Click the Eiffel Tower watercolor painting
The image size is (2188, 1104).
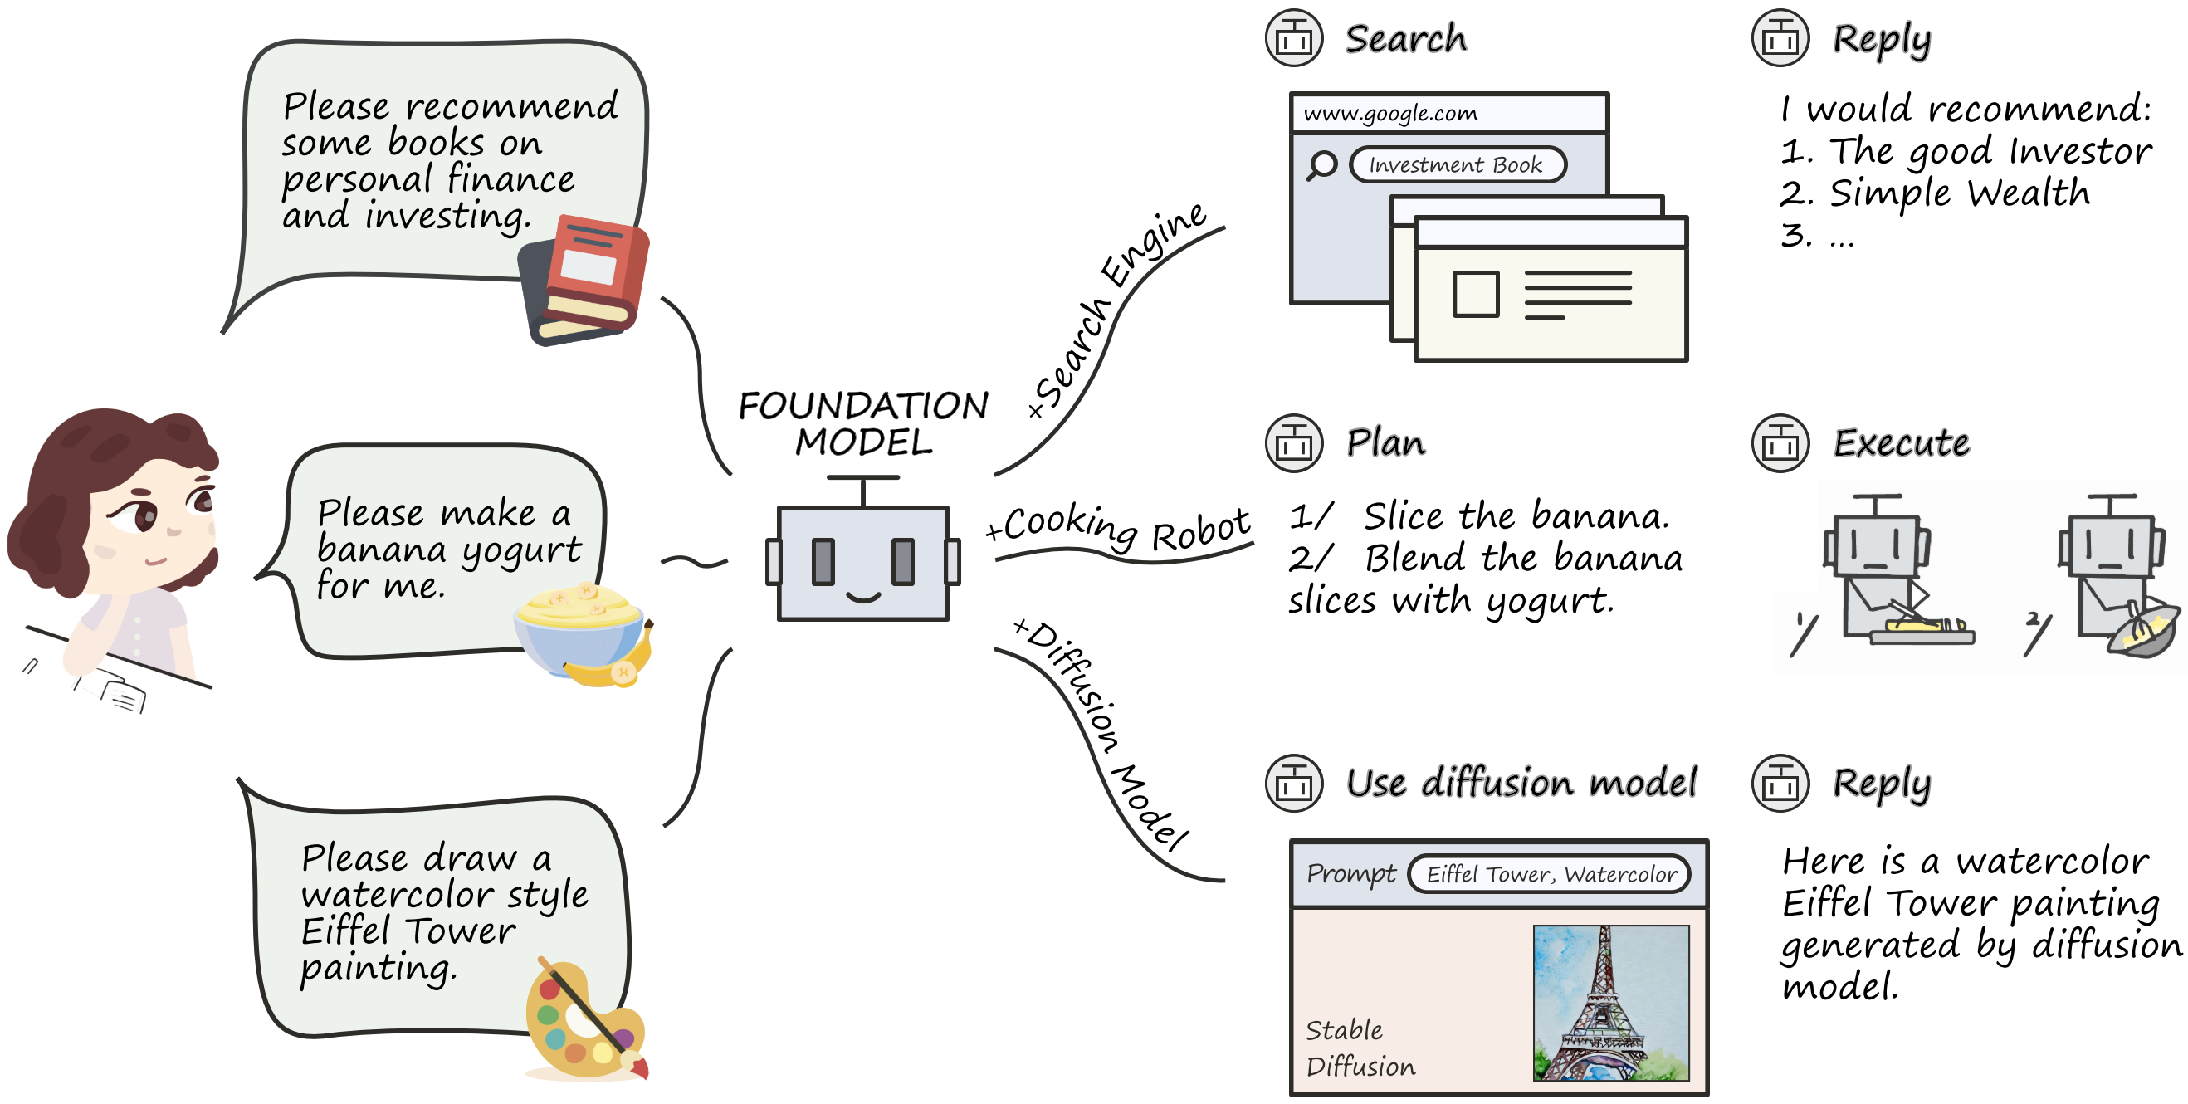(1610, 1003)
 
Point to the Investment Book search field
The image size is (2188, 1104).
(1458, 164)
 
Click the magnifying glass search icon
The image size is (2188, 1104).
(1321, 164)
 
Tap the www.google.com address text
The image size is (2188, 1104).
(1390, 113)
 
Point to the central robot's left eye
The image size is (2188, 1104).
(823, 561)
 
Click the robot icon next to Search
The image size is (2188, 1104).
(1293, 38)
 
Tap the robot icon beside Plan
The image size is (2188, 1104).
(1293, 442)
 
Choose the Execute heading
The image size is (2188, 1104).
(1901, 442)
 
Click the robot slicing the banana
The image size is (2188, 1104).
(1894, 578)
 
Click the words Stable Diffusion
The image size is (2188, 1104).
(1360, 1048)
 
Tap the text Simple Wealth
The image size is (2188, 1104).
(1960, 193)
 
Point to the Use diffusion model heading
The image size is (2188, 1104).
(1521, 782)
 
